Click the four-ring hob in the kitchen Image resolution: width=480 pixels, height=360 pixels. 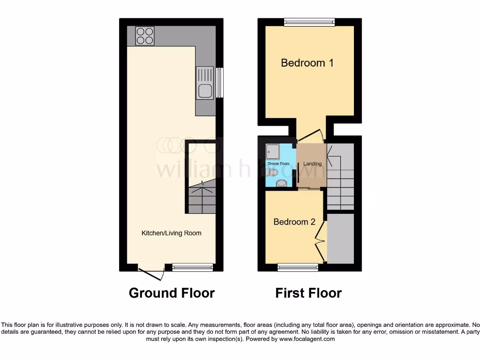click(145, 36)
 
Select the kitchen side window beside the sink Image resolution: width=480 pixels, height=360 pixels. click(219, 82)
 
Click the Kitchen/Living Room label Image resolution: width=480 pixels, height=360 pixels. click(172, 233)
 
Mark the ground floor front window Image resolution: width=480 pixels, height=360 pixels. click(192, 268)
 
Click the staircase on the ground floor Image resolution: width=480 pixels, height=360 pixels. click(202, 199)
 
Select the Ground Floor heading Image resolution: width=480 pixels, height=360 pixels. click(172, 293)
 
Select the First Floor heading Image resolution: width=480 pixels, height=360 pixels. click(308, 293)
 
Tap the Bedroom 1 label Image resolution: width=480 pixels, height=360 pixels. click(307, 63)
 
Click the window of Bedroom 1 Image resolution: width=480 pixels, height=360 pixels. click(309, 22)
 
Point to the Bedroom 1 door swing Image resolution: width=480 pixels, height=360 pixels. click(310, 135)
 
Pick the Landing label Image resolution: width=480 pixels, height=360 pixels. click(312, 164)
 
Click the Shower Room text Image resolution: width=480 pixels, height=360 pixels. click(278, 164)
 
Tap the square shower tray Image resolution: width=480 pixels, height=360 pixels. click(273, 152)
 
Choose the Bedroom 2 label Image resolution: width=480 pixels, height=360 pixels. click(294, 222)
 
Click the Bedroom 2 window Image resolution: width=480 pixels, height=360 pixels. click(298, 268)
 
